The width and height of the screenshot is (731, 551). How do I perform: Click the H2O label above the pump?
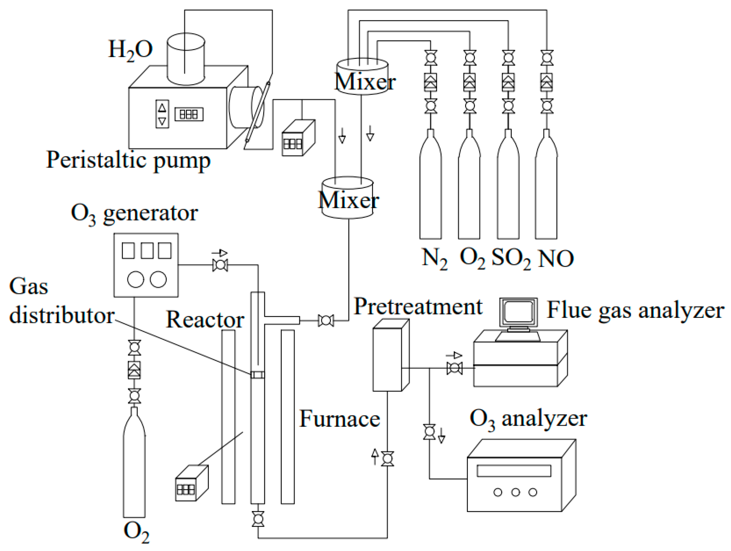tap(131, 50)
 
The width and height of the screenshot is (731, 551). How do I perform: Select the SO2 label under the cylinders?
tap(511, 258)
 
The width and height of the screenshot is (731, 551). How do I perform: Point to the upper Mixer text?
tap(365, 82)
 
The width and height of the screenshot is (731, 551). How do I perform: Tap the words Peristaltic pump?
tap(128, 160)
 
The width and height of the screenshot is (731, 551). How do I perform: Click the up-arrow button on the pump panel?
tap(162, 108)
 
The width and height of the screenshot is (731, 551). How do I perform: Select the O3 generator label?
tap(134, 214)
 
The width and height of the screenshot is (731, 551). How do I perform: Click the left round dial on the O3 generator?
tap(136, 279)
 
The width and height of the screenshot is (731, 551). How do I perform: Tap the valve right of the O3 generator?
tap(220, 265)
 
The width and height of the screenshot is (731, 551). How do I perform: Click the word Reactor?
tap(205, 320)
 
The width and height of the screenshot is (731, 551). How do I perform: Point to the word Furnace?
tap(340, 419)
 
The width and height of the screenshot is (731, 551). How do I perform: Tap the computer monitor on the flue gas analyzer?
tap(518, 312)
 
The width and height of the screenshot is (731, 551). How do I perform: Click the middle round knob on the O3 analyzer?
tap(515, 492)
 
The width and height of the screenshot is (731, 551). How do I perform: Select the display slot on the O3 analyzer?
tap(514, 471)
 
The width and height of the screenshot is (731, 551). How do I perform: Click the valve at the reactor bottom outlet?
tap(258, 519)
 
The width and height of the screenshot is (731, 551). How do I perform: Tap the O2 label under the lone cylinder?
tap(136, 531)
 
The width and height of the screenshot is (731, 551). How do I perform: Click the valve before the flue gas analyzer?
tap(454, 368)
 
